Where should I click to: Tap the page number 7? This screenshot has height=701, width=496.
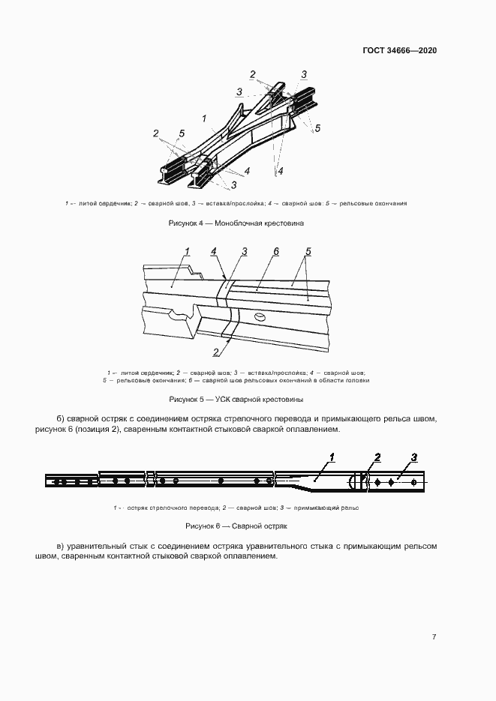[434, 637]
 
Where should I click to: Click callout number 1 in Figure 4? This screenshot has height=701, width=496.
[204, 118]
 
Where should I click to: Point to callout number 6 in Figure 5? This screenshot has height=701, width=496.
[276, 251]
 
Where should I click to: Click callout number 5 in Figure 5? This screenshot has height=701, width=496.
[308, 251]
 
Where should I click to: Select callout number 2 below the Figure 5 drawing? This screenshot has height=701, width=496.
[216, 352]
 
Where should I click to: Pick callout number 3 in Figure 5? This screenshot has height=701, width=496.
[245, 251]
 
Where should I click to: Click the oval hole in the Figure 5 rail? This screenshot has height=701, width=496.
[260, 319]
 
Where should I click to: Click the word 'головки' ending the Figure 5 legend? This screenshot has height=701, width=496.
[357, 380]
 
